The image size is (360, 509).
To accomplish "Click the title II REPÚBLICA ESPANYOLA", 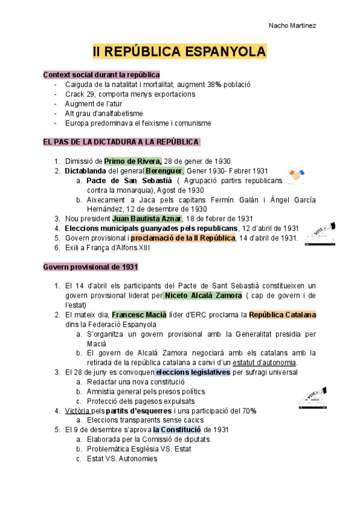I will coord(179,53).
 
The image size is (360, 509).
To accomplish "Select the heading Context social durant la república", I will coord(101,74).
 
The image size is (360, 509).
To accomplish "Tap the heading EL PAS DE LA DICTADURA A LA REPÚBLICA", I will coord(121,142).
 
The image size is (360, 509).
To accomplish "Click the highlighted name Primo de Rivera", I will coord(133,161).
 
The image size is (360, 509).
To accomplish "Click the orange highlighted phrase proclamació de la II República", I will coord(182,238).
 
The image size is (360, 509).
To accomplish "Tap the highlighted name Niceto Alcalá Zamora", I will coord(203,295).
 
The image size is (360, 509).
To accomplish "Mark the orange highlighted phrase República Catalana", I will coord(283,315).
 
